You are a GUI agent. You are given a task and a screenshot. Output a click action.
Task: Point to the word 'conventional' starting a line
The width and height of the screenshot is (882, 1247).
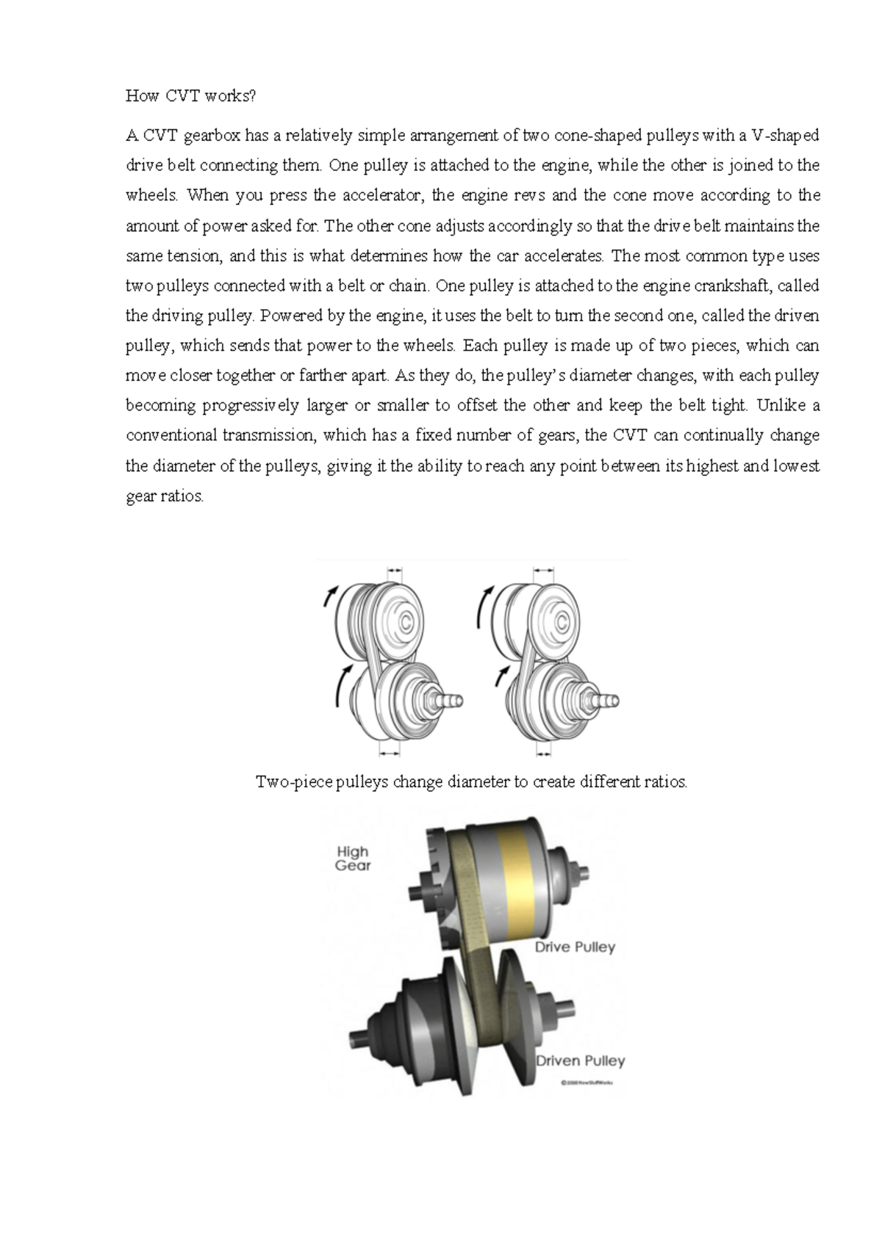tap(171, 435)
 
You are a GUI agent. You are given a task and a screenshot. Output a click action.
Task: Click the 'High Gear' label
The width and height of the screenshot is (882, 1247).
tap(353, 858)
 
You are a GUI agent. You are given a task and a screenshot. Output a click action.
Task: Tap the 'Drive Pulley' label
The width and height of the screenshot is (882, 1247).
tap(575, 947)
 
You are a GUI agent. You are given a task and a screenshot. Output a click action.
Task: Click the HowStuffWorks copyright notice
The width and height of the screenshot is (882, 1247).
tap(587, 1082)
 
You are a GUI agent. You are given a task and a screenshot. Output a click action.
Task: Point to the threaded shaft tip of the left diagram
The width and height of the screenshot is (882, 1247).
tap(452, 700)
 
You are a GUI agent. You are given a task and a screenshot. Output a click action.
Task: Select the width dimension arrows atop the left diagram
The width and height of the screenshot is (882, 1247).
tap(395, 568)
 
